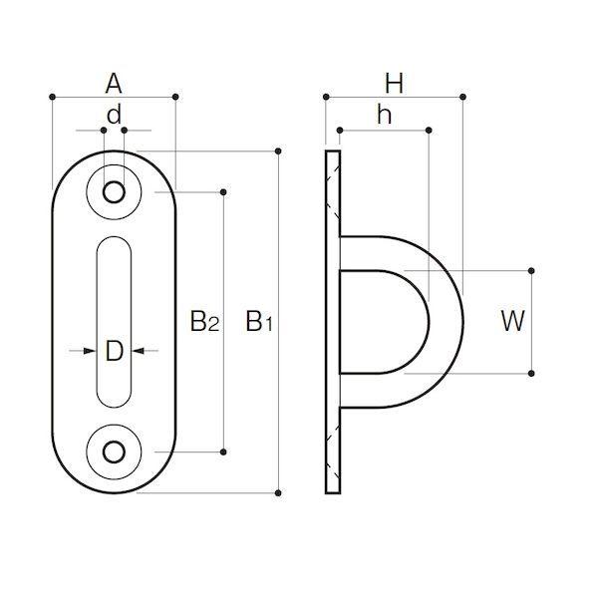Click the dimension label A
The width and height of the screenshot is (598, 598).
click(x=114, y=85)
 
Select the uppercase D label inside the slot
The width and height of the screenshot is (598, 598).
click(x=114, y=351)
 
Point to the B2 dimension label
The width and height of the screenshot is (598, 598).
click(x=204, y=321)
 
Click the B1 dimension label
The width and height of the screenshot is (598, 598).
click(x=259, y=321)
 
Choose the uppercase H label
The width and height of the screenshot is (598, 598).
click(x=394, y=84)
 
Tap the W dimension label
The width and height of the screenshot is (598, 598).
click(x=513, y=321)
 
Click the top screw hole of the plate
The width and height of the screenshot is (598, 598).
click(x=114, y=191)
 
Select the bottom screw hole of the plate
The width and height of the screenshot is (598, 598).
click(x=114, y=451)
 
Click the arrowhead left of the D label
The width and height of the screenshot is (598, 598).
click(x=90, y=351)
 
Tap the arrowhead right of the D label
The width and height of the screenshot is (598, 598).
click(x=139, y=351)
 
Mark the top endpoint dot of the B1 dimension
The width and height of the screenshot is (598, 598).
click(x=278, y=151)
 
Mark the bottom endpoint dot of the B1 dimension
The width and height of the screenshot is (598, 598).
click(x=278, y=493)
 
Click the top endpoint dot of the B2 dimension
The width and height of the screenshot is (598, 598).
click(x=223, y=191)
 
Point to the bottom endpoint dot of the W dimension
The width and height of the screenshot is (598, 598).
click(x=531, y=373)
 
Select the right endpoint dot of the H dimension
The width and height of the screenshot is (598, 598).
click(x=462, y=97)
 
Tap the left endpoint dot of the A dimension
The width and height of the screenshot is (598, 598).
click(x=53, y=97)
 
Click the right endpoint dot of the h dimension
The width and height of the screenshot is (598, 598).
click(x=429, y=131)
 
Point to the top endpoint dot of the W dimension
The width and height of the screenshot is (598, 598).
click(x=531, y=271)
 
